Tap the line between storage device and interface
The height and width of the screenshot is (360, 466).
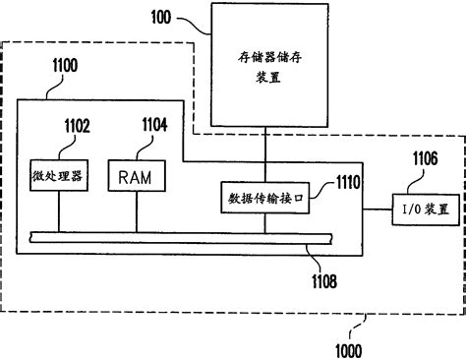point(262,157)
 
